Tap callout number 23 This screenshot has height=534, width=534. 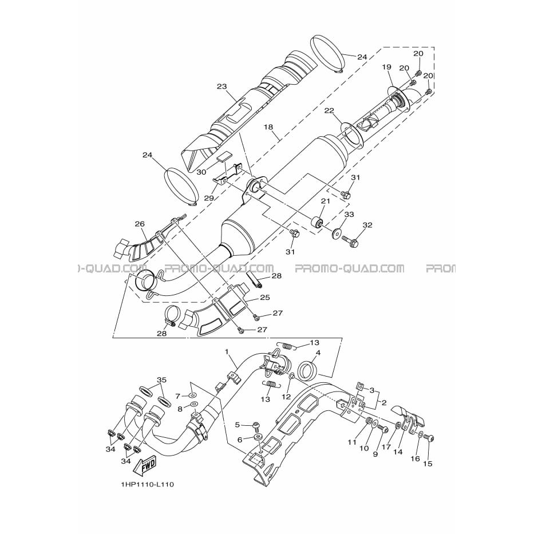[x=221, y=86]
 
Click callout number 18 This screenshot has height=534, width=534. [x=268, y=127]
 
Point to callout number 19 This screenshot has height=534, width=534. [x=386, y=67]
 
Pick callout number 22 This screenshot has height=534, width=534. [x=329, y=110]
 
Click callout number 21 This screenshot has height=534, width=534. [x=326, y=201]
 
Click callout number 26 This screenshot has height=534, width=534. [x=140, y=224]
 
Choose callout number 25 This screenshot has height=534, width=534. [x=264, y=297]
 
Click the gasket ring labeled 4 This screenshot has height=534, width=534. [x=308, y=370]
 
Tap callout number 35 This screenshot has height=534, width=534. [x=161, y=379]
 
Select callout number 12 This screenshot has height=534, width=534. [x=286, y=397]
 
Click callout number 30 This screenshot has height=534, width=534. [x=201, y=172]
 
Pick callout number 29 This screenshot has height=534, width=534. [x=209, y=198]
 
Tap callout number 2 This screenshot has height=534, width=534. [x=384, y=403]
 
